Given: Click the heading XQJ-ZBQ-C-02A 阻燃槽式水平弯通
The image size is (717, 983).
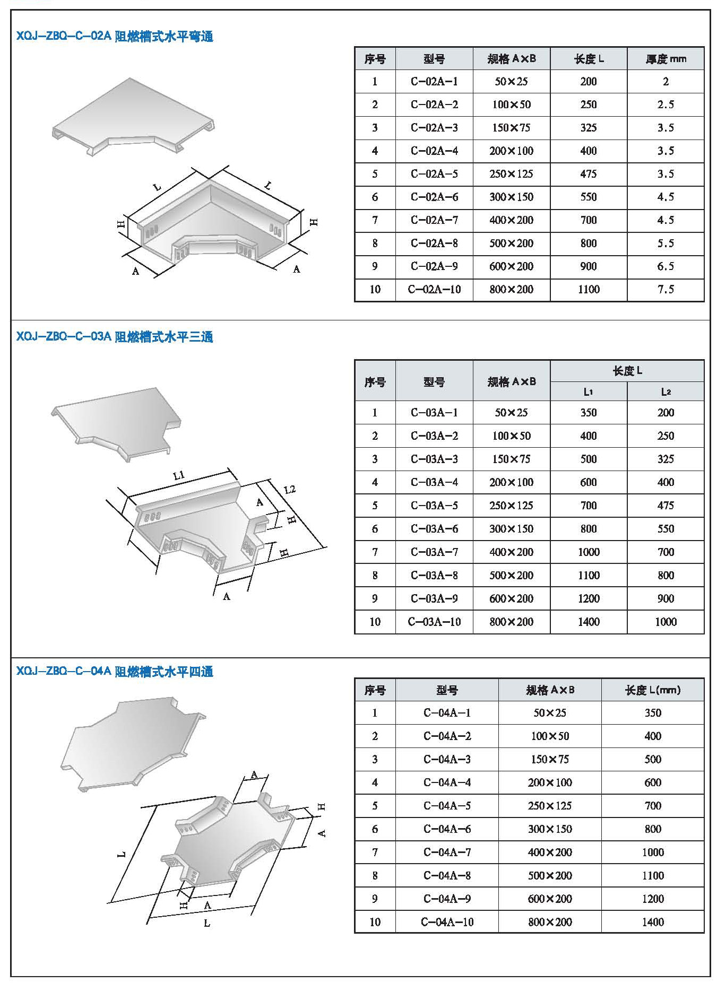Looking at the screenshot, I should pos(115,37).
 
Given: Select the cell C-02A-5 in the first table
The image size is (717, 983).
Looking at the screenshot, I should pos(434,174).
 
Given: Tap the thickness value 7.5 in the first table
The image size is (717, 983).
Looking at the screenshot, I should pos(666,290).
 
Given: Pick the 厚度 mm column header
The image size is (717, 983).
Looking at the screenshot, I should pos(666,59).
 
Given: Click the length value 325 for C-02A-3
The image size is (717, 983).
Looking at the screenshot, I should pos(589,128).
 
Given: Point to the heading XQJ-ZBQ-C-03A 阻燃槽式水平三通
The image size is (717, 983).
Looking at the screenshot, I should pos(115,337).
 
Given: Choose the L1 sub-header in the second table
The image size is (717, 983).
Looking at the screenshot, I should pos(589,392).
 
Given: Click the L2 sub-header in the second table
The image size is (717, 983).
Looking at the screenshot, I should pos(666,392).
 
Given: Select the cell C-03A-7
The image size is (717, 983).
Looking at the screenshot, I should pos(434,552).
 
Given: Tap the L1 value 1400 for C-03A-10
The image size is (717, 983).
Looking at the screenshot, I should pos(589,622).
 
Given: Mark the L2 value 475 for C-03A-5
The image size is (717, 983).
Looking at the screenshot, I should pos(666,506).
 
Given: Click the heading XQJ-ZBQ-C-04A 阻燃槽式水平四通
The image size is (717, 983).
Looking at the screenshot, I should pos(115,672).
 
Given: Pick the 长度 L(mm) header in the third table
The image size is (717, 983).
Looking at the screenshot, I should pos(653,690).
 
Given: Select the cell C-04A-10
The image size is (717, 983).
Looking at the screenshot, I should pos(447,922).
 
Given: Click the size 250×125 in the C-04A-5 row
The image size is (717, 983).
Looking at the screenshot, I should pos(550,806).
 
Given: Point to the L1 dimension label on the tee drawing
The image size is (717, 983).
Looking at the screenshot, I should pos(179,475).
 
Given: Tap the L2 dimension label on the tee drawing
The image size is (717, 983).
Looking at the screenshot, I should pos(290,489).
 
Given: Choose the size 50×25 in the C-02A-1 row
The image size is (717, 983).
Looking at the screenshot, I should pos(511,82).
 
